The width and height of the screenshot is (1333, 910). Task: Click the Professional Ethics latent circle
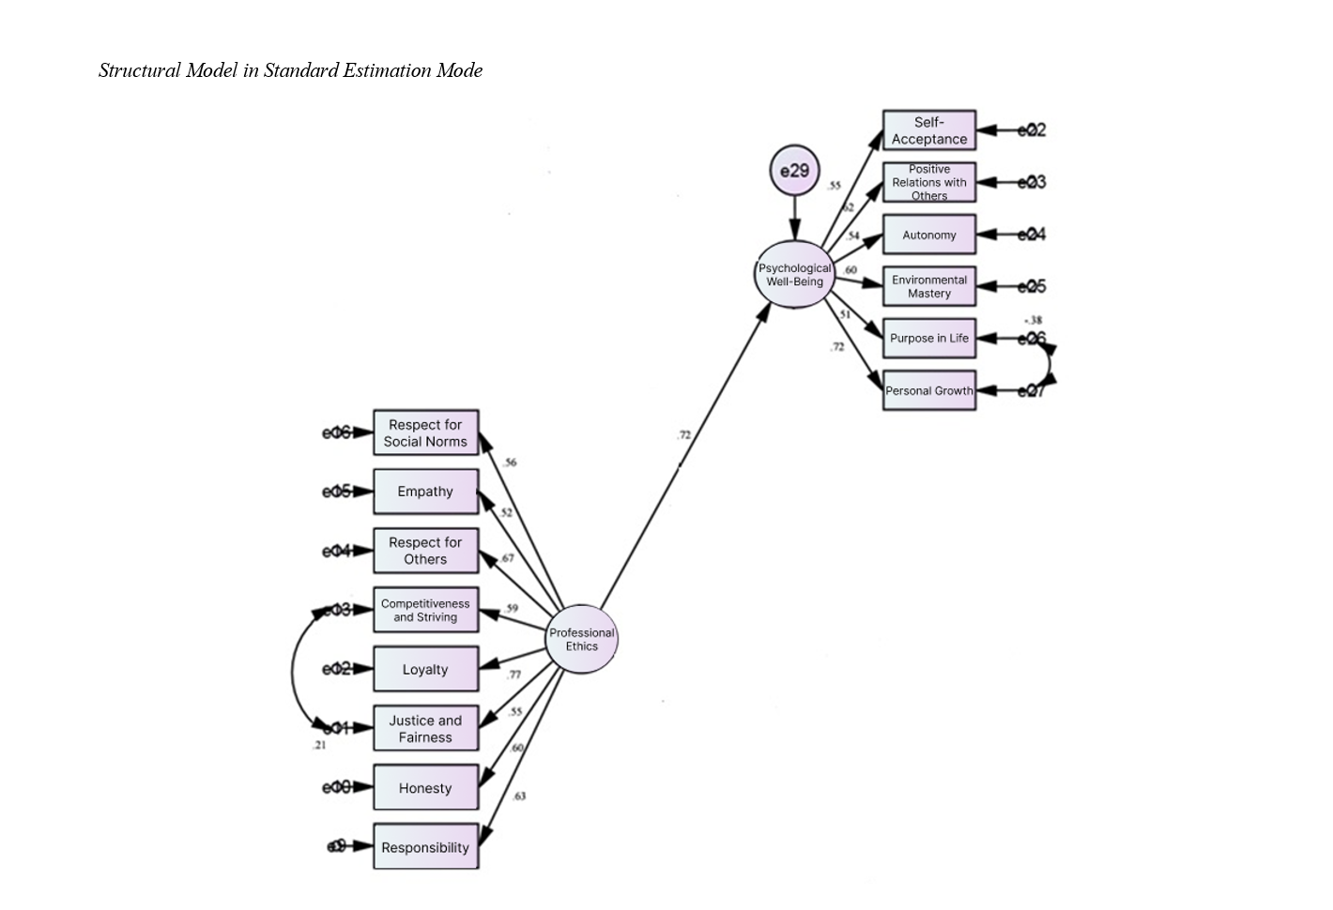[x=582, y=639]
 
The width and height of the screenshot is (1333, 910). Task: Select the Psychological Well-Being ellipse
[x=794, y=274]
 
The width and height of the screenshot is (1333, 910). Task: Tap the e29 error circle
[x=794, y=171]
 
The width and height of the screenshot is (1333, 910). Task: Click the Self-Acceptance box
[x=929, y=130]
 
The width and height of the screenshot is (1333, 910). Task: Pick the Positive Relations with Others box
[x=929, y=182]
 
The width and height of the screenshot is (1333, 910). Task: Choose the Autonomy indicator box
[x=929, y=235]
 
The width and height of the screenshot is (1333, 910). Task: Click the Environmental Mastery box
[x=929, y=286]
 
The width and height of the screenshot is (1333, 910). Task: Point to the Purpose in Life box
[x=929, y=338]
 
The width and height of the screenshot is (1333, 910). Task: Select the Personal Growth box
[x=929, y=390]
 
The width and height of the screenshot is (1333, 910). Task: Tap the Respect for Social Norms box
[x=425, y=432]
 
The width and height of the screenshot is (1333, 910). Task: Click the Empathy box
[x=425, y=492]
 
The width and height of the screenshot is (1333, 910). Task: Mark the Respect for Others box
[x=425, y=551]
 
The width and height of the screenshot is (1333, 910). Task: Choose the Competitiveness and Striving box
[x=425, y=610]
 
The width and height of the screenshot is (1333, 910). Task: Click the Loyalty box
[x=425, y=669]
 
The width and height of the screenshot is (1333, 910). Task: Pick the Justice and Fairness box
[x=425, y=728]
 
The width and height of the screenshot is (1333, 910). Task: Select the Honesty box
[x=425, y=787]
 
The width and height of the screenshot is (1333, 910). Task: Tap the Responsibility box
[x=425, y=846]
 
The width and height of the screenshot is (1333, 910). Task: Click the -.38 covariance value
[x=1033, y=320]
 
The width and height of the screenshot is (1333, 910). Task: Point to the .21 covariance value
[x=319, y=745]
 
